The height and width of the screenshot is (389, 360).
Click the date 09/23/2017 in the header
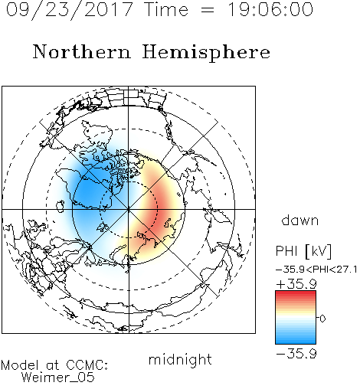pyautogui.click(x=70, y=10)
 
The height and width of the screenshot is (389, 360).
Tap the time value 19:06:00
pyautogui.click(x=270, y=10)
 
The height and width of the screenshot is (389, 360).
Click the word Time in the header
pyautogui.click(x=166, y=10)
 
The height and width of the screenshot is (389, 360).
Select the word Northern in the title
pyautogui.click(x=82, y=51)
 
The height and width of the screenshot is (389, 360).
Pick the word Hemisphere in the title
pyautogui.click(x=206, y=53)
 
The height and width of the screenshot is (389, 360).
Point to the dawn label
pyautogui.click(x=299, y=220)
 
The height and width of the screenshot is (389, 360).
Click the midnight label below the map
pyautogui.click(x=180, y=359)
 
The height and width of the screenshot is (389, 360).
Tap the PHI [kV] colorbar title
pyautogui.click(x=303, y=251)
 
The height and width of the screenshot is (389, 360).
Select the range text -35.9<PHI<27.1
pyautogui.click(x=316, y=270)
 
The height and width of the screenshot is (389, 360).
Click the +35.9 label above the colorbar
pyautogui.click(x=296, y=284)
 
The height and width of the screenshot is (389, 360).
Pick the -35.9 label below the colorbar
pyautogui.click(x=296, y=354)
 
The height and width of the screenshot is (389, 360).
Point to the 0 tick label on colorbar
pyautogui.click(x=322, y=319)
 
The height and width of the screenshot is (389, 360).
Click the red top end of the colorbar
pyautogui.click(x=296, y=293)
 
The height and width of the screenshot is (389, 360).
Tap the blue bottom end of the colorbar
pyautogui.click(x=296, y=342)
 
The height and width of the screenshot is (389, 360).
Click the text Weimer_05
pyautogui.click(x=58, y=377)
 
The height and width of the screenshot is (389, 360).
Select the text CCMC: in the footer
pyautogui.click(x=87, y=365)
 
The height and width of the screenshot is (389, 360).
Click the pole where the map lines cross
pyautogui.click(x=129, y=209)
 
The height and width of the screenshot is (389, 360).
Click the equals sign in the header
pyautogui.click(x=208, y=11)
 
